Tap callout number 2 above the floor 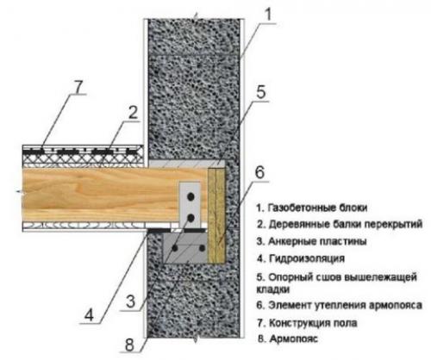coord(132,113)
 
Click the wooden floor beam coord(95,191)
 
